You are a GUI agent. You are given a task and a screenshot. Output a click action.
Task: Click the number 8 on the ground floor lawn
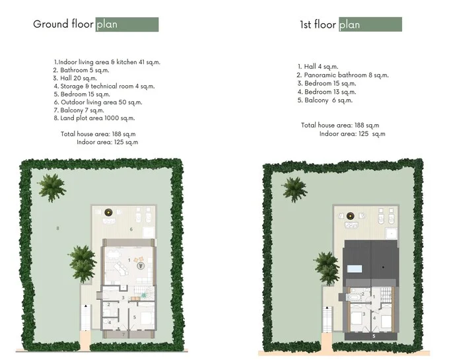[58, 229]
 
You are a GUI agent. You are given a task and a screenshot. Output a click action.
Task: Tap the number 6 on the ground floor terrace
[131, 229]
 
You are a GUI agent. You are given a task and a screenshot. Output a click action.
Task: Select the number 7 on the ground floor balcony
[123, 334]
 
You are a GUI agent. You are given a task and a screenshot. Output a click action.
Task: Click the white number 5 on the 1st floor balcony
[374, 336]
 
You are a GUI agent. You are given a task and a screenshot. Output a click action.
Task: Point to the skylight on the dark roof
[355, 269]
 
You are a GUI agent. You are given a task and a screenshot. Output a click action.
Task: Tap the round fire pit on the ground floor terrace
[108, 213]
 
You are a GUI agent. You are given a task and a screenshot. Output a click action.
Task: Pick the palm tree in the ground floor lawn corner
[52, 188]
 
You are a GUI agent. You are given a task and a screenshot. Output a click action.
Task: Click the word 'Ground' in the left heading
[51, 24]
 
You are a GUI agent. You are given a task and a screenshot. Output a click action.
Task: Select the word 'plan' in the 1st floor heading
[349, 25]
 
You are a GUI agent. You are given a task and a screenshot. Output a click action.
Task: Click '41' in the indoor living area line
[142, 62]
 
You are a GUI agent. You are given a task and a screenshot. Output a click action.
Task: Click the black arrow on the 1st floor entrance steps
[327, 308]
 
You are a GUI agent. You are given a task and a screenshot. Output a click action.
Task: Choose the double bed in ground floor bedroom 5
[146, 318]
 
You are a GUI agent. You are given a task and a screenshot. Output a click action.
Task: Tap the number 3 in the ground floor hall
[123, 297]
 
